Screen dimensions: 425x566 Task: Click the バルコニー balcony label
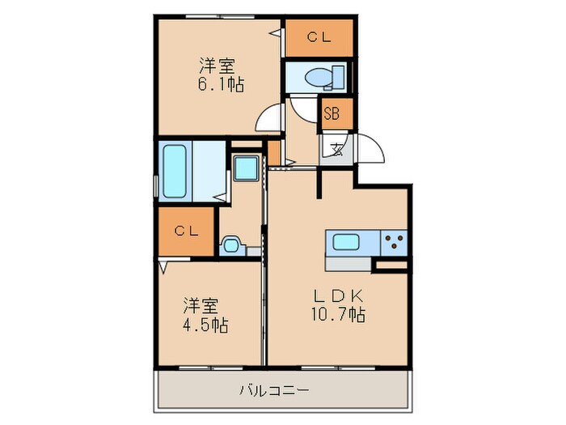point(273,391)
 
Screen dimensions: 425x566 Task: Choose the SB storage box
point(332,113)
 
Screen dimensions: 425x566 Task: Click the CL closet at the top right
point(319,37)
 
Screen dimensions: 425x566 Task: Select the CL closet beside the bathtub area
point(187,231)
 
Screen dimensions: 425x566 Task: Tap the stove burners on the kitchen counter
point(394,241)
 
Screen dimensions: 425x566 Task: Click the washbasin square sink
point(244,169)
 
